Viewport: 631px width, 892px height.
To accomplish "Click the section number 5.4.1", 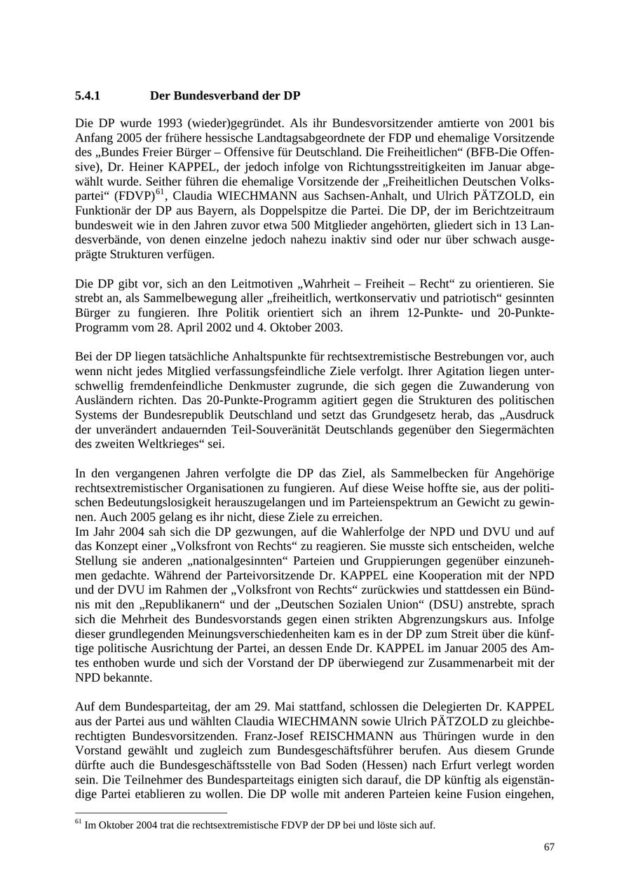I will tap(88, 95).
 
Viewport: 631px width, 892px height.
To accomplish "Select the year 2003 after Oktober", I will tap(329, 327).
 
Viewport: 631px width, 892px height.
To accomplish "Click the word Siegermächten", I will tap(515, 429).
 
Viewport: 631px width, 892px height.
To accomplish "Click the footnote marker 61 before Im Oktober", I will tap(78, 822).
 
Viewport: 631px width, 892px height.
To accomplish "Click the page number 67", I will tap(549, 848).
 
